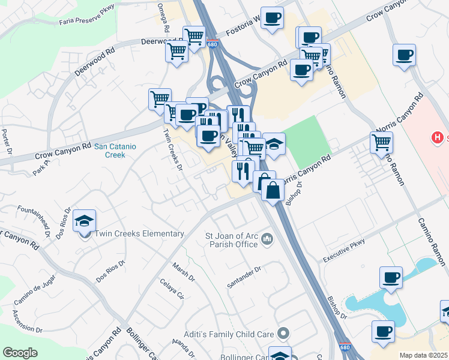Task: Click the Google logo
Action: coord(20,353)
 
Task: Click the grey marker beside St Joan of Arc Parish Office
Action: coord(267,240)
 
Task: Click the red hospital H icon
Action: coord(437,138)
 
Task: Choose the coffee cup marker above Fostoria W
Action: coord(272,19)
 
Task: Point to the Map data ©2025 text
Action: coord(423,355)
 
